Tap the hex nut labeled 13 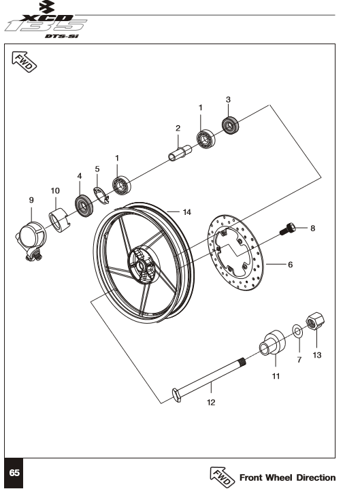315,321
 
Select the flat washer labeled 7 297,331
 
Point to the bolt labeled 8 287,229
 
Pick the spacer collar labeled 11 272,342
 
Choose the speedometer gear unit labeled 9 31,240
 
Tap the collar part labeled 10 59,220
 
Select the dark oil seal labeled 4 84,206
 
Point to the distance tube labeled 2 180,153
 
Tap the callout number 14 187,212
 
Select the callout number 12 211,403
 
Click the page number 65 14,473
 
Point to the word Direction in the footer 316,477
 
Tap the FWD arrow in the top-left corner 24,62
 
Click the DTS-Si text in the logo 62,36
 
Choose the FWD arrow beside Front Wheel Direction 222,477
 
